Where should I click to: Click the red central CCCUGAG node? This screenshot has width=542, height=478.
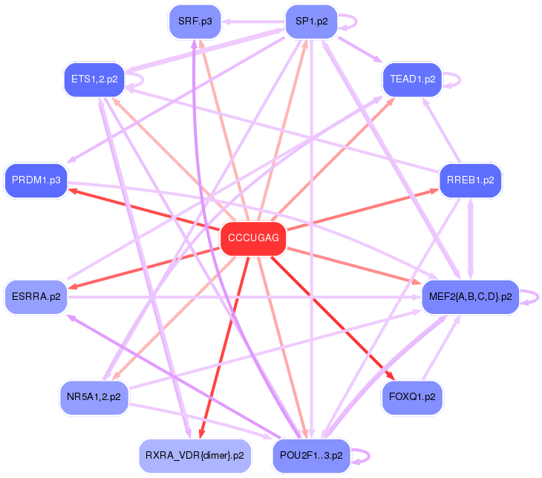point(253,238)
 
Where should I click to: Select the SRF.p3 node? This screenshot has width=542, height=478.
point(195,21)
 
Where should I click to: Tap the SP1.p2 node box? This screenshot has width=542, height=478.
point(312,21)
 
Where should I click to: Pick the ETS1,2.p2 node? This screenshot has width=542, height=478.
point(94,79)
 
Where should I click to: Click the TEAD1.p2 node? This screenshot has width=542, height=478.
point(412,79)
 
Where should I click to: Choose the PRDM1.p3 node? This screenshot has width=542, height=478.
point(36,180)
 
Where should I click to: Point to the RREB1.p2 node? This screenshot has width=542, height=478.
point(470,180)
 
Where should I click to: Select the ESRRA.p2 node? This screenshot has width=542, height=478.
point(36,296)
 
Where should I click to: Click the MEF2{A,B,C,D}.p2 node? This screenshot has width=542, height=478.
point(470,297)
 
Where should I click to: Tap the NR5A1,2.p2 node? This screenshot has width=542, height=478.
point(94,397)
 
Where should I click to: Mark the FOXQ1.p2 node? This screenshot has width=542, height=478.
point(412,397)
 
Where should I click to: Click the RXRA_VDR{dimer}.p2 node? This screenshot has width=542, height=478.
point(195,455)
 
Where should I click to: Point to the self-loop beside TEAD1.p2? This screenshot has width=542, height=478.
point(457,79)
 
